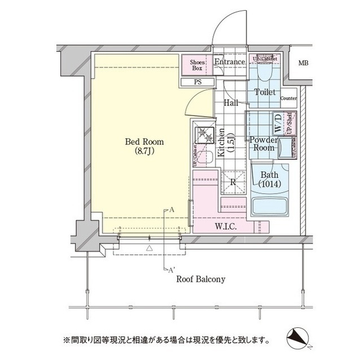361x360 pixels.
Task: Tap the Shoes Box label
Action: (x=196, y=65)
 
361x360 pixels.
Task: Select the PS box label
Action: (x=197, y=82)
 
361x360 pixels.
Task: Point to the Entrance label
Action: (x=230, y=62)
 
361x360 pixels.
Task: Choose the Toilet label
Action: (x=265, y=92)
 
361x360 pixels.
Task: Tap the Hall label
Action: (x=230, y=103)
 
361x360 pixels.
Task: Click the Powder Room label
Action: (x=263, y=144)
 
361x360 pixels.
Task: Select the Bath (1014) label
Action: (x=270, y=180)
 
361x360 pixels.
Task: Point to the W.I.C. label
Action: (x=226, y=226)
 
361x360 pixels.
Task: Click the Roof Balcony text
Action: (x=201, y=279)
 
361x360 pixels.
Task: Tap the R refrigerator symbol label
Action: (x=233, y=181)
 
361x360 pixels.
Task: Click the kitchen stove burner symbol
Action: (x=202, y=136)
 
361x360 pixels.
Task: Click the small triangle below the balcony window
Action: (x=149, y=247)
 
